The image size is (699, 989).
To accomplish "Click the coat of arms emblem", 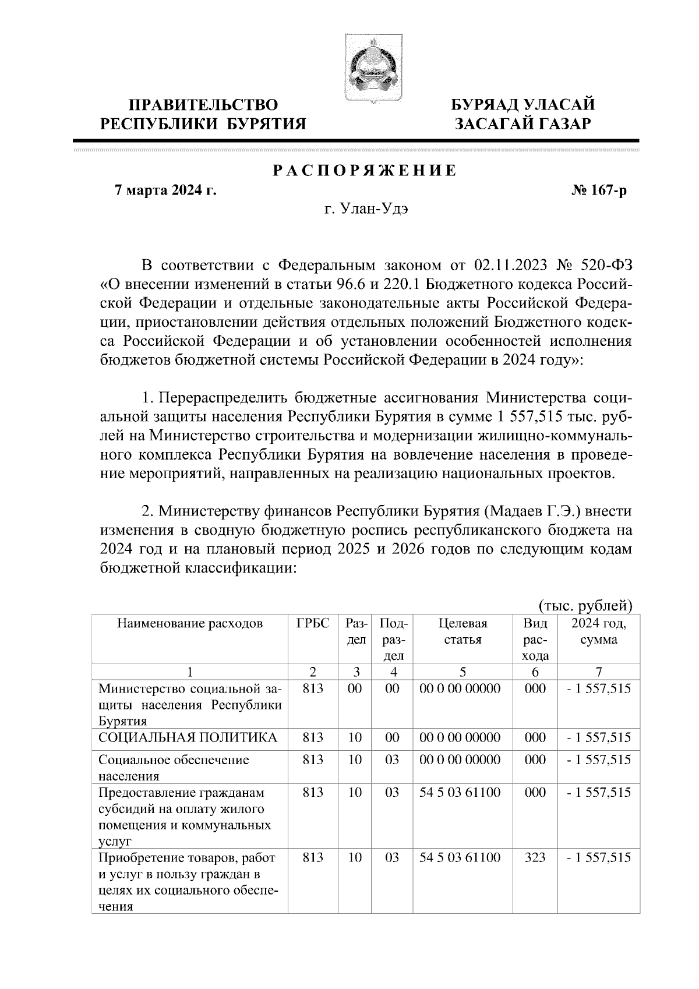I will coord(366,69).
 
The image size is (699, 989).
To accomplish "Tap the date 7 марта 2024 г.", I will coord(165,190).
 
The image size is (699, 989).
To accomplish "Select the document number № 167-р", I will coord(600,190).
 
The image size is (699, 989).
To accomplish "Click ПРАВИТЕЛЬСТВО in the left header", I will coord(203,105).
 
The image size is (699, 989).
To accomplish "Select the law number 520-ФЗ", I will coord(606,266).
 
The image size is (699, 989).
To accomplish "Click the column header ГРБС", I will coord(313,624).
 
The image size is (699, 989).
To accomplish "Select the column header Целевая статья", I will coord(463,631).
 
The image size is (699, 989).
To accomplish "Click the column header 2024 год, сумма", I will coord(598,631).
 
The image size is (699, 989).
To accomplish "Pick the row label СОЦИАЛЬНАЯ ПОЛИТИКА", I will coord(188,737).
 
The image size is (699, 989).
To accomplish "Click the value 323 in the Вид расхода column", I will coord(535,857).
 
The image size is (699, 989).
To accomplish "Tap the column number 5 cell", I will coord(463,671).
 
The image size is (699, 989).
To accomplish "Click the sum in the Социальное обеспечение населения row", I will coord(598,760).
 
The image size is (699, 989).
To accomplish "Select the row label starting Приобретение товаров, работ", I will coord(186,858).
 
